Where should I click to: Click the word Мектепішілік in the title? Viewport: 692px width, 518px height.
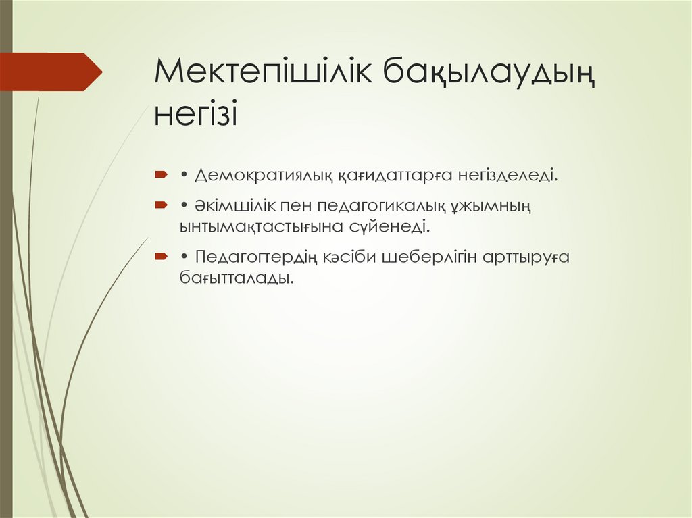(264, 72)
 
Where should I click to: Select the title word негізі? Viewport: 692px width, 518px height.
(196, 113)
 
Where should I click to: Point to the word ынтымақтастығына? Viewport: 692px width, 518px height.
(259, 226)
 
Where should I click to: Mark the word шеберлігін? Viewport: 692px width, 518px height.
(430, 257)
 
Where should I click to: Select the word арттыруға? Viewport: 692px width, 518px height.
(527, 257)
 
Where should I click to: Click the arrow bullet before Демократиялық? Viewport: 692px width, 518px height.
(160, 176)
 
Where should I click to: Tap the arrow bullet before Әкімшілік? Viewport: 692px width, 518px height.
(160, 205)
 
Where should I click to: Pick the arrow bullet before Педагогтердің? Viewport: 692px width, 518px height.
(160, 257)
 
